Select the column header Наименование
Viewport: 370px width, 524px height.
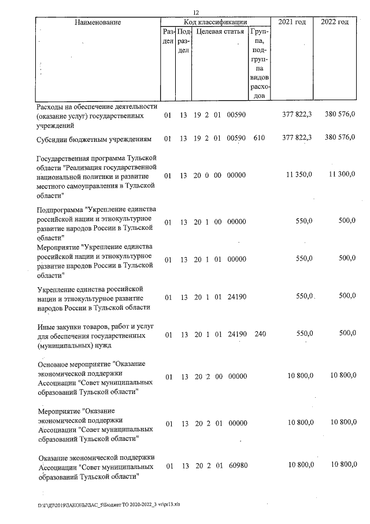tap(97, 22)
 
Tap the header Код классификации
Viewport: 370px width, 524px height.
tap(215, 22)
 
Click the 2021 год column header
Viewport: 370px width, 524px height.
tap(292, 22)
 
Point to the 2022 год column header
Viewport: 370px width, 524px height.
tap(335, 22)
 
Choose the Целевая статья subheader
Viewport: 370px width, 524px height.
tap(220, 31)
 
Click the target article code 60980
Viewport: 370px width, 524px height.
tap(237, 466)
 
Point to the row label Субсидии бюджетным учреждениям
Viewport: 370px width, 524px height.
tap(94, 139)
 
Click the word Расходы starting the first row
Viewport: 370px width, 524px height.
tap(51, 106)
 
